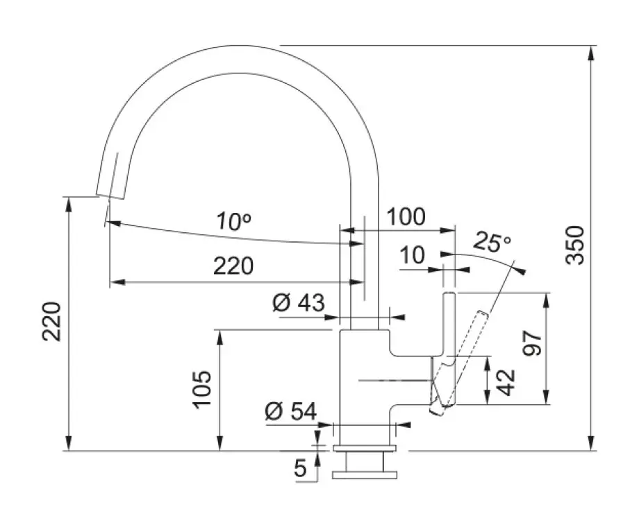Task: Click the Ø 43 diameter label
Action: coord(299,304)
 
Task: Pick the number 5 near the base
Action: coord(301,469)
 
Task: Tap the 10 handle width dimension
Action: coord(413,256)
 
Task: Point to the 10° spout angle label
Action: coord(233,221)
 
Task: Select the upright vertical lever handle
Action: coord(449,326)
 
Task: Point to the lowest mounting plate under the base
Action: coord(366,475)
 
